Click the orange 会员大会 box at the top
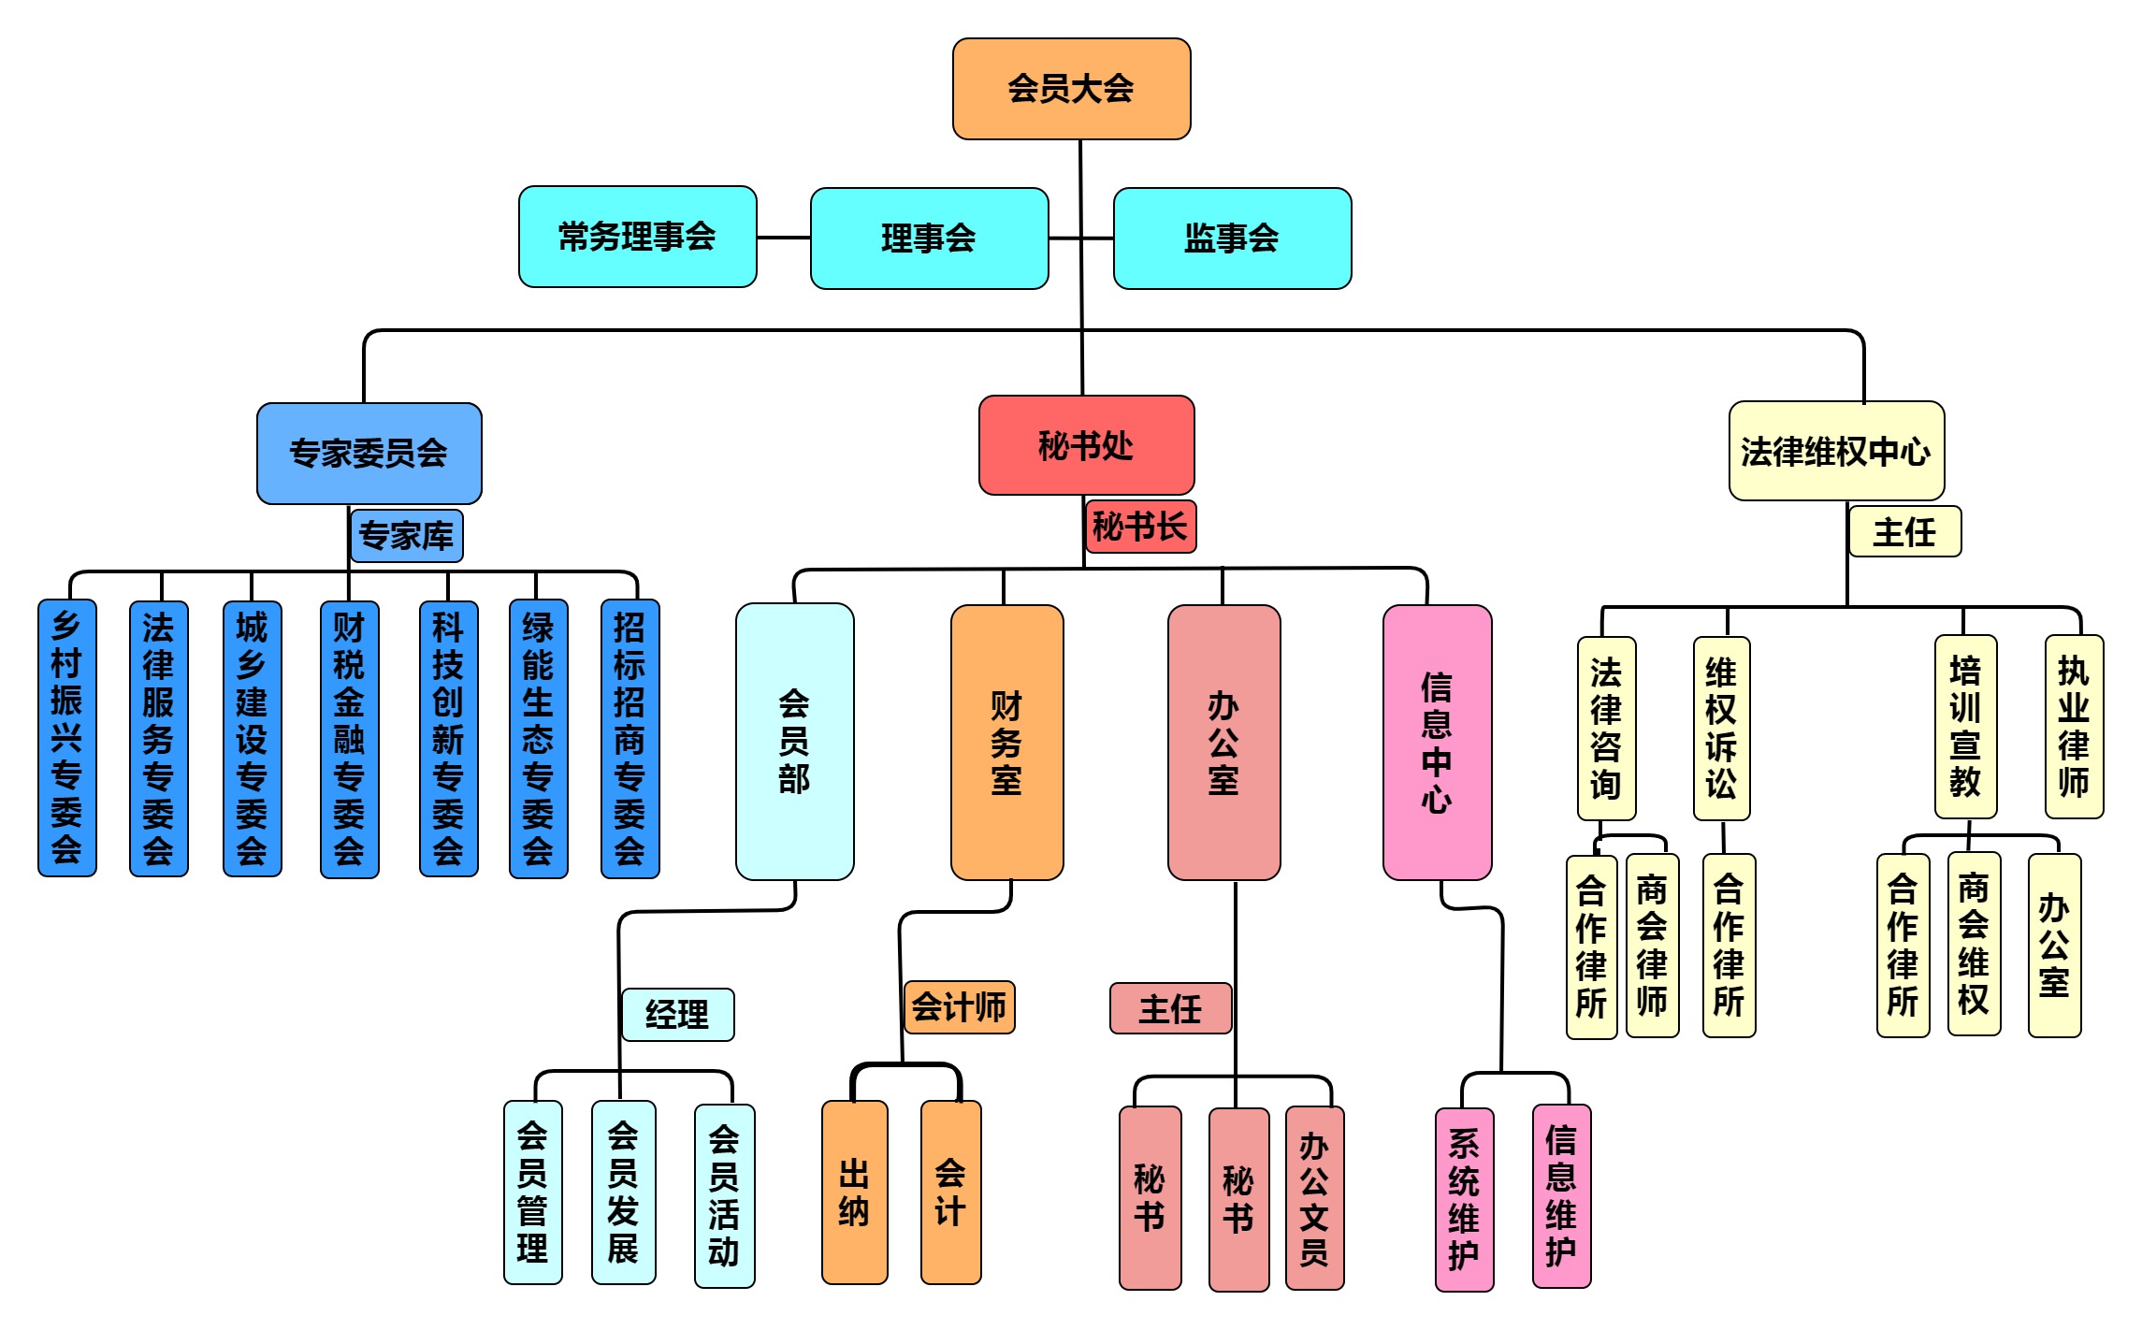pos(1071,89)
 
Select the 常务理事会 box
pos(637,237)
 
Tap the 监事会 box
pos(1231,239)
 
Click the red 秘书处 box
pos(1086,445)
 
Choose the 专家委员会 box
pos(369,454)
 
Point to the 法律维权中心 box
pos(1835,452)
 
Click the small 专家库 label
pos(406,536)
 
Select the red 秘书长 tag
pos(1140,527)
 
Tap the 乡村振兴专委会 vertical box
pos(66,738)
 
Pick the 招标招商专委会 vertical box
pos(630,738)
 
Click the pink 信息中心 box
pos(1437,742)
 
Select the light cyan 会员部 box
pos(794,742)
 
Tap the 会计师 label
pos(959,1007)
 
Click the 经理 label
pos(677,1015)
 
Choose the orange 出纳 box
pos(854,1193)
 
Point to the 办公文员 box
pos(1314,1198)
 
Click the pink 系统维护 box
pos(1464,1200)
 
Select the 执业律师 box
pos(2074,727)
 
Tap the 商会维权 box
pos(1974,944)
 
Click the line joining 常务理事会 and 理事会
pos(784,238)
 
